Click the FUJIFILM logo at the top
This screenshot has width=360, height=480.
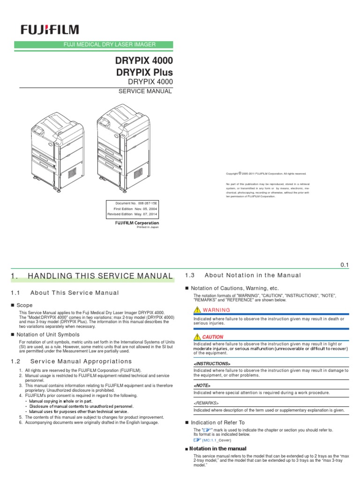coord(49,30)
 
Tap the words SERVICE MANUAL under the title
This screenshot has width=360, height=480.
coord(147,91)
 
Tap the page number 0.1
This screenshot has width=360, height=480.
coord(345,265)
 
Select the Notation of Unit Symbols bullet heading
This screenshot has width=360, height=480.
coord(48,334)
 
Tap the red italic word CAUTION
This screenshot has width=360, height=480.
coord(212,337)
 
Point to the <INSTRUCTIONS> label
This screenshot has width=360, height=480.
coord(212,364)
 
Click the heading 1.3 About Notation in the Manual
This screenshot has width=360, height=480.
coord(243,275)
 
